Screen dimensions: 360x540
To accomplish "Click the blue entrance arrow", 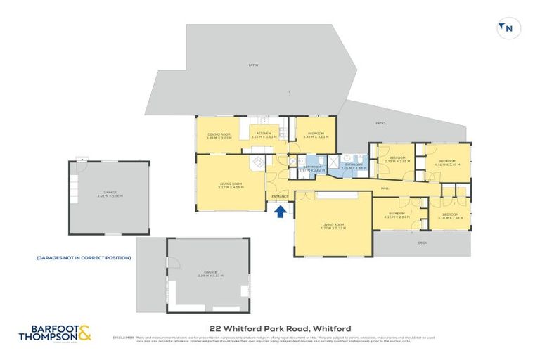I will (280, 210).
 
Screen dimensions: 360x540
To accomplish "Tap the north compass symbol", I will (507, 28).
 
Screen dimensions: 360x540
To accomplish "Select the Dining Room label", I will (219, 136).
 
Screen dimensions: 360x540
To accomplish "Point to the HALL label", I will (385, 188).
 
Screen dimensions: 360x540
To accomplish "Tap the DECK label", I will (422, 243).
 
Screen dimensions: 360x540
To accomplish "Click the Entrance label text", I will (280, 196).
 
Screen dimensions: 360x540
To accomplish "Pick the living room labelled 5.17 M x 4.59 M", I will (230, 186).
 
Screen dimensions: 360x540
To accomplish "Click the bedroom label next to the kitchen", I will (314, 134).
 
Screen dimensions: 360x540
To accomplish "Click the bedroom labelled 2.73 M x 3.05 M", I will (398, 160).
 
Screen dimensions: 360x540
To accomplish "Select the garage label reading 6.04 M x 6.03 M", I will (210, 274).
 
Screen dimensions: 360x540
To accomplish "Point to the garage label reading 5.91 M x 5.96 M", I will (109, 196).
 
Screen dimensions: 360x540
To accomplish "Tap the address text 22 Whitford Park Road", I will (280, 328).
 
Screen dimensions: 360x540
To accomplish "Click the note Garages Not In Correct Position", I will (84, 258).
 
